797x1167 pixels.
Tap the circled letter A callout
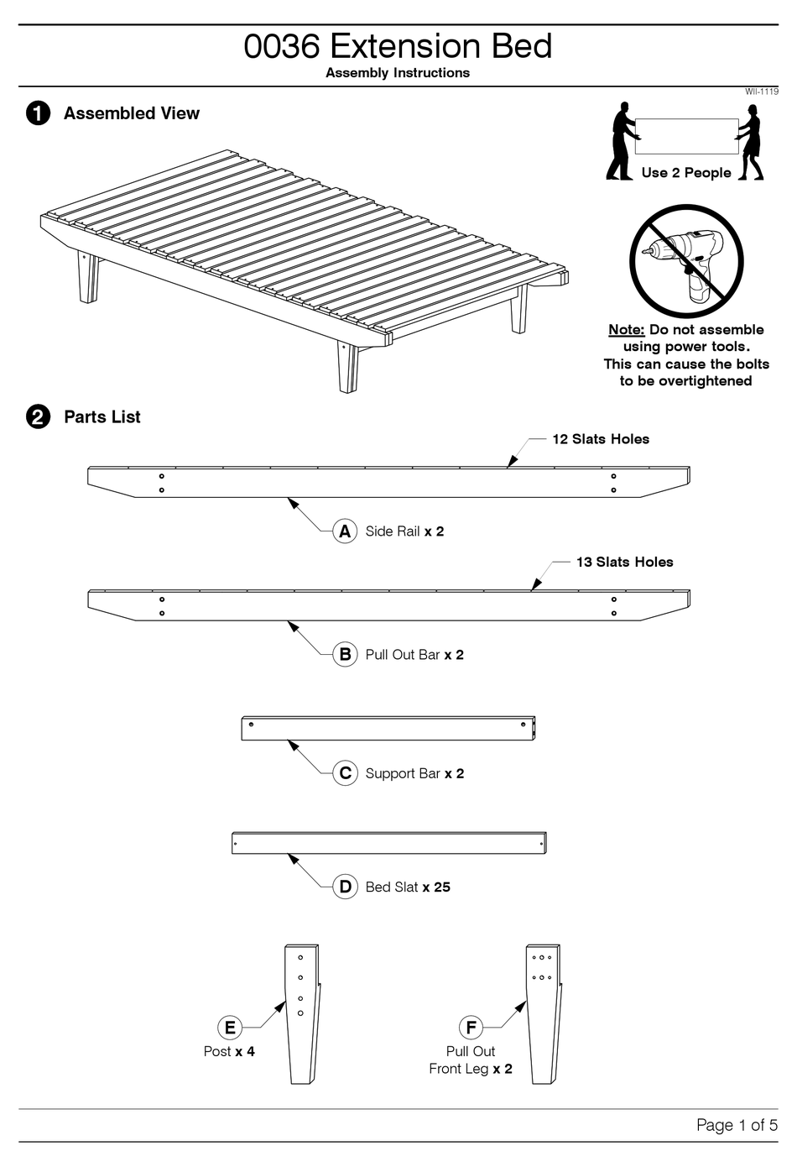click(345, 531)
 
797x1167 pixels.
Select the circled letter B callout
click(345, 655)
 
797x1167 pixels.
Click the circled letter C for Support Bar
click(345, 773)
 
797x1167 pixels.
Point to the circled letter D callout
click(345, 887)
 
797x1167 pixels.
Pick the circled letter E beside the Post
click(229, 1028)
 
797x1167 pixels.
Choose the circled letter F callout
click(471, 1028)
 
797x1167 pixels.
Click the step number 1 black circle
click(38, 113)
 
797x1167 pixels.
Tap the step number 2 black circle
click(38, 417)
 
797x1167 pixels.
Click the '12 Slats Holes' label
click(600, 439)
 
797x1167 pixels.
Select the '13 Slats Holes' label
click(624, 563)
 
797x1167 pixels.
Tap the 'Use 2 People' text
click(685, 173)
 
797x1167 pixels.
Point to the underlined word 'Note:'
click(626, 330)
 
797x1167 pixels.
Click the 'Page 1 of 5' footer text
click(737, 1125)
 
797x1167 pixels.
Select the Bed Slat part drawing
click(388, 843)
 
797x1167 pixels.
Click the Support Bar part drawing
click(388, 728)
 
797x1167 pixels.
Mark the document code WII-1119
click(761, 92)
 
